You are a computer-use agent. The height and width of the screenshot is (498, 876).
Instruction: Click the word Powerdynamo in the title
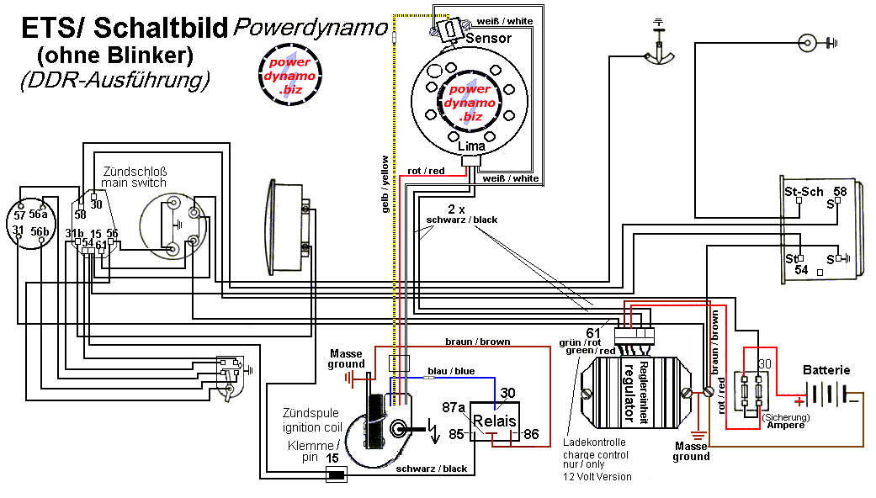click(x=311, y=27)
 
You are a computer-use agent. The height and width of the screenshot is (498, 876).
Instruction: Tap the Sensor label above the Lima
click(x=488, y=38)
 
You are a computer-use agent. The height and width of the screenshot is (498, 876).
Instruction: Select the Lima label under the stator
click(x=472, y=146)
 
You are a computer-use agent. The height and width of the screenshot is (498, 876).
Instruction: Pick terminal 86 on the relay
click(x=531, y=435)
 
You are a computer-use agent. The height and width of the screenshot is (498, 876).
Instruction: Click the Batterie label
click(x=826, y=370)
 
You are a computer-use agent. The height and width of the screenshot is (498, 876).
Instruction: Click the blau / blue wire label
click(x=452, y=371)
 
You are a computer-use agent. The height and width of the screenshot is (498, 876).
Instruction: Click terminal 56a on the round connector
click(x=39, y=214)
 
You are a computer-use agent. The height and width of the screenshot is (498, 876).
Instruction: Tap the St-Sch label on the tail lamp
click(x=804, y=192)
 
